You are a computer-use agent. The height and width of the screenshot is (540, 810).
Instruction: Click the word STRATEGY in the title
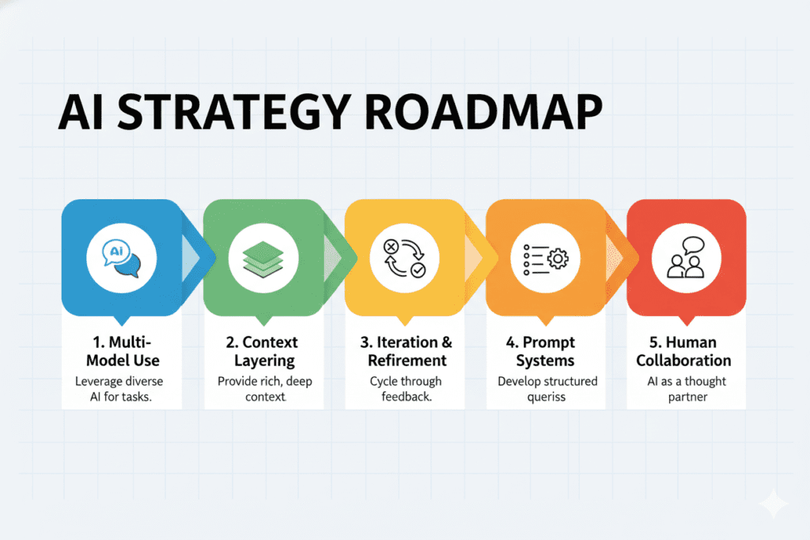[x=235, y=112]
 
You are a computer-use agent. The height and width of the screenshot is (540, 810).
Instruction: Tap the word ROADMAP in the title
[x=484, y=112]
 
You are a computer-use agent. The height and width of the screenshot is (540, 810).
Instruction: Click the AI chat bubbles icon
[x=121, y=258]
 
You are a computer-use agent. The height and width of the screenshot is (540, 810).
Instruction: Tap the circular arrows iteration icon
[x=404, y=258]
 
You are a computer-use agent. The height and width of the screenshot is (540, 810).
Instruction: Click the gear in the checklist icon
[x=558, y=259]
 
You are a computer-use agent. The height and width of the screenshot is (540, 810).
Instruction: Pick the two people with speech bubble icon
[x=686, y=258]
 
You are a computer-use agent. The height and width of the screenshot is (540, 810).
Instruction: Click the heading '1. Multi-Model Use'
[x=123, y=351]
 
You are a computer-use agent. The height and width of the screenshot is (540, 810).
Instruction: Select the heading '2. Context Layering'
[x=264, y=352]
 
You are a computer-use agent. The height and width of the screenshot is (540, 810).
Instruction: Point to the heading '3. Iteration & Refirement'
[x=406, y=351]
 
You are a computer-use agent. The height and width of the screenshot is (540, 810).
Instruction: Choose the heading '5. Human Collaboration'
[x=683, y=351]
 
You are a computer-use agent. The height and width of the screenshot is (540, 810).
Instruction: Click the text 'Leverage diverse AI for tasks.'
[x=120, y=389]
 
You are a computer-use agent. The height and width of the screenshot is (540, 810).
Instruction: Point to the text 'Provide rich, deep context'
[x=264, y=389]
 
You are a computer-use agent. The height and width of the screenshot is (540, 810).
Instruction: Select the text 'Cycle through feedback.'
[x=406, y=389]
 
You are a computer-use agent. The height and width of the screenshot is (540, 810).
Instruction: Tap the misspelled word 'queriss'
[x=546, y=397]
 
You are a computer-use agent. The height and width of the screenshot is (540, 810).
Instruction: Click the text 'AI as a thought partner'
[x=687, y=389]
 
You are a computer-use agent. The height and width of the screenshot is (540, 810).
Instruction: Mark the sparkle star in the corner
[x=774, y=502]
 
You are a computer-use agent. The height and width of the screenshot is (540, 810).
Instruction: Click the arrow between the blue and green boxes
[x=198, y=258]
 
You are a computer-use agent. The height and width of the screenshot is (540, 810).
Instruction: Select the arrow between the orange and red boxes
[x=622, y=258]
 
